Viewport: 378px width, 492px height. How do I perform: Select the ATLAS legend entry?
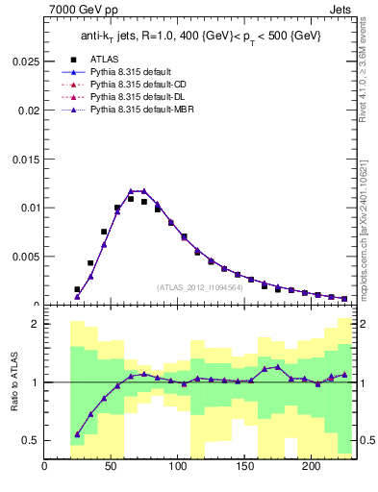pos(105,59)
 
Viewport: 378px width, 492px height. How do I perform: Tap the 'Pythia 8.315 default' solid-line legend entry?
pos(127,72)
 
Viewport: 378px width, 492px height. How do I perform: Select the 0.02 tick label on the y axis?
pos(30,110)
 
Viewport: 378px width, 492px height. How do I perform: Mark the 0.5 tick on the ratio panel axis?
pos(31,440)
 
